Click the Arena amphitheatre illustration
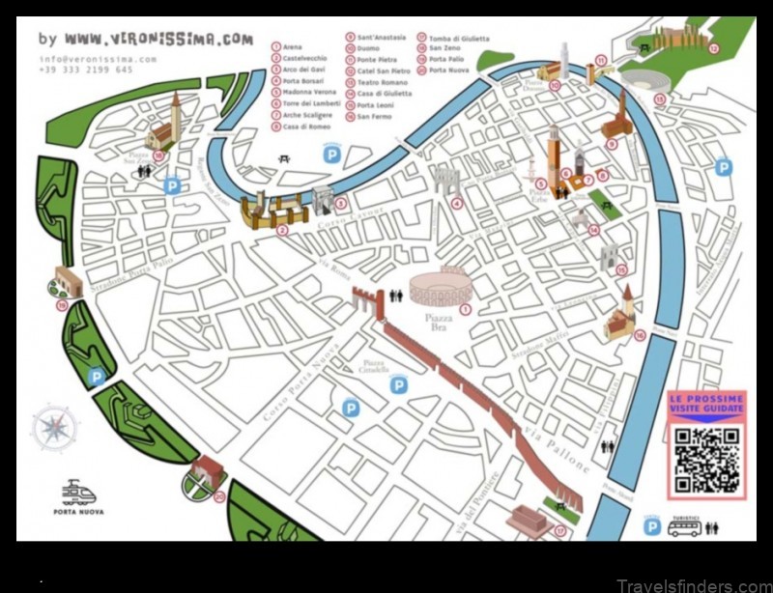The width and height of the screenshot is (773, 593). click(440, 288)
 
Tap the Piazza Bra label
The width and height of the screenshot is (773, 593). click(439, 321)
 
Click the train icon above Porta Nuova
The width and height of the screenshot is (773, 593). click(78, 493)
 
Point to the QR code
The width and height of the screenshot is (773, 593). click(707, 460)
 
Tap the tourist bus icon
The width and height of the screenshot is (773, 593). click(684, 527)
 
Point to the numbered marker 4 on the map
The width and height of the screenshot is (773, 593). click(456, 203)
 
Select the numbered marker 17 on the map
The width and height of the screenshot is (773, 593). click(559, 529)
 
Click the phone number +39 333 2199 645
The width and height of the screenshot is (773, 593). click(85, 70)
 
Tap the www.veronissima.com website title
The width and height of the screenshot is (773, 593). click(158, 41)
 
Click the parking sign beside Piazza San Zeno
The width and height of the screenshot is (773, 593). click(172, 184)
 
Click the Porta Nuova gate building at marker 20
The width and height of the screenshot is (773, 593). click(206, 472)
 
